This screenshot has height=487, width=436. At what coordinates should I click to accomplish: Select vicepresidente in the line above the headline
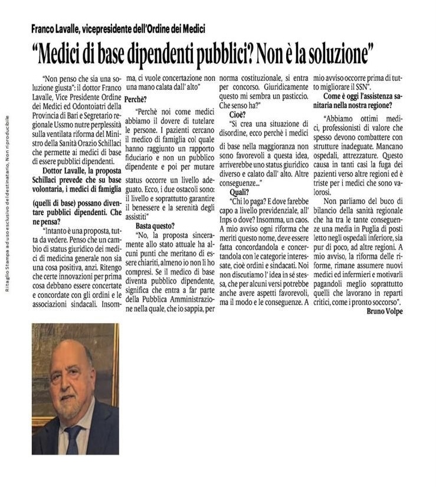pyautogui.click(x=120, y=29)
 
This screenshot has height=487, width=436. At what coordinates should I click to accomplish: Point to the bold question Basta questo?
pyautogui.click(x=155, y=226)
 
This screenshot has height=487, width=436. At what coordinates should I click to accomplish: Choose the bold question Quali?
pyautogui.click(x=240, y=192)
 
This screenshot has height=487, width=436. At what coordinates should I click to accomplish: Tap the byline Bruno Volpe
pyautogui.click(x=384, y=311)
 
